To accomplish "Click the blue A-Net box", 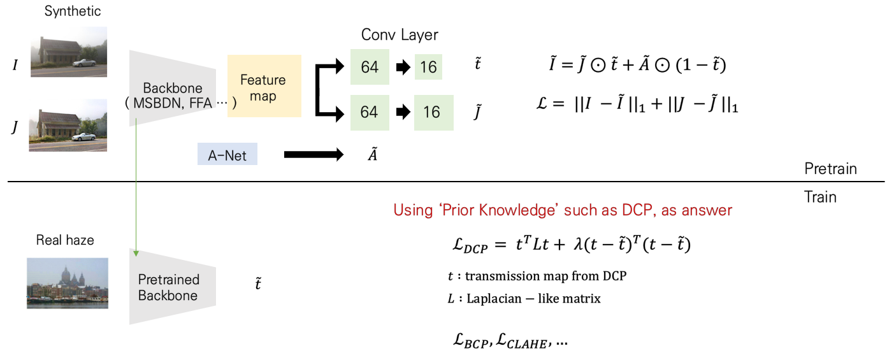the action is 227,154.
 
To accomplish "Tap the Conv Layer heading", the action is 400,34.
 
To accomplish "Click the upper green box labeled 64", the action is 370,67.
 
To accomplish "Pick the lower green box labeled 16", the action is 433,112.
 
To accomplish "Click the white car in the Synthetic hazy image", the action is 85,62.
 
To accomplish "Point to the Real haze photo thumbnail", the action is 68,283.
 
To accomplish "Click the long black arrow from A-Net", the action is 314,154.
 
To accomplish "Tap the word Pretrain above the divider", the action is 830,169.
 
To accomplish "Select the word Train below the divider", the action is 821,197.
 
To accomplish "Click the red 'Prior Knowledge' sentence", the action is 563,210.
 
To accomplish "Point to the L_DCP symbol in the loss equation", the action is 468,246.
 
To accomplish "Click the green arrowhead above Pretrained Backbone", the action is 136,254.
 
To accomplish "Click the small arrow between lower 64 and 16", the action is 401,112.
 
